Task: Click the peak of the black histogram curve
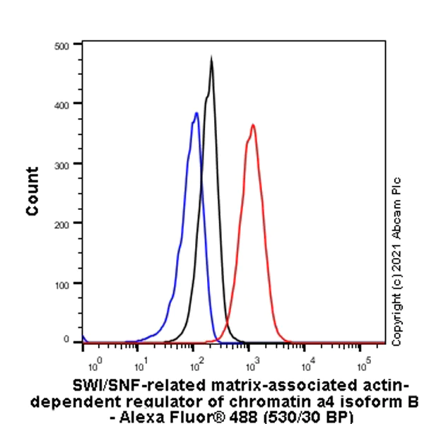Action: point(211,59)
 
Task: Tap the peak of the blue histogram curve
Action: point(196,113)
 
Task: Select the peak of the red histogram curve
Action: point(252,125)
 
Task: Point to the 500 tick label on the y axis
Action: point(61,45)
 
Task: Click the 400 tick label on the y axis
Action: point(61,104)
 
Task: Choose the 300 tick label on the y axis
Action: point(61,163)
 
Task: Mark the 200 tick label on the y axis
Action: point(61,223)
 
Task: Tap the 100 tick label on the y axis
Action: point(61,283)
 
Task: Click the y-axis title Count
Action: point(33,192)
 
